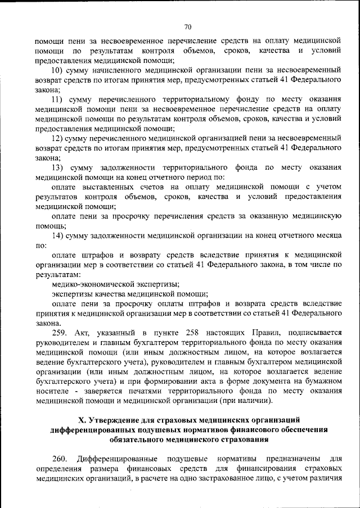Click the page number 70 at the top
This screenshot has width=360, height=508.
(187, 26)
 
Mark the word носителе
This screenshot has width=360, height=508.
(52, 391)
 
